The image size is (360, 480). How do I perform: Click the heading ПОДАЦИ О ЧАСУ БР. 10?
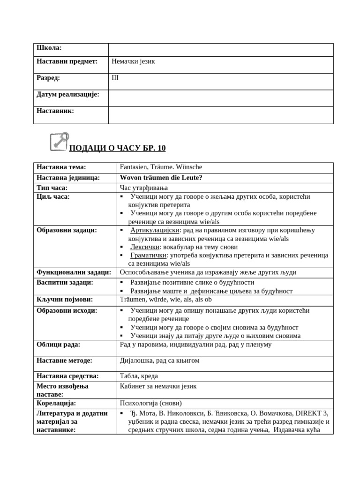tap(117, 149)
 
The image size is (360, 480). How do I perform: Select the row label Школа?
tap(49, 48)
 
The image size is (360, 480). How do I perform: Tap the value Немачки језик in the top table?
tap(133, 61)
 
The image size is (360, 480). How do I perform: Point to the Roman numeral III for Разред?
tap(115, 78)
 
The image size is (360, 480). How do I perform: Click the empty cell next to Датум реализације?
tap(220, 97)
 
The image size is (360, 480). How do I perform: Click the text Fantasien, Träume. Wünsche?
tap(161, 167)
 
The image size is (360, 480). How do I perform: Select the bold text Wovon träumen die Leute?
tap(161, 178)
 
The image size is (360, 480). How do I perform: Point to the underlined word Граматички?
tap(148, 255)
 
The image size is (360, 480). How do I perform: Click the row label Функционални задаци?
tap(74, 272)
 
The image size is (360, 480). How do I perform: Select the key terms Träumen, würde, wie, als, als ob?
tap(159, 300)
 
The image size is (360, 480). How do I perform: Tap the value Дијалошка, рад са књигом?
tap(160, 360)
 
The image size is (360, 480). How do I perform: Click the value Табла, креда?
tap(139, 376)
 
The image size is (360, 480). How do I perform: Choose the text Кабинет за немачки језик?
tap(158, 386)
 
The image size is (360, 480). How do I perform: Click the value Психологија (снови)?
tap(151, 403)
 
